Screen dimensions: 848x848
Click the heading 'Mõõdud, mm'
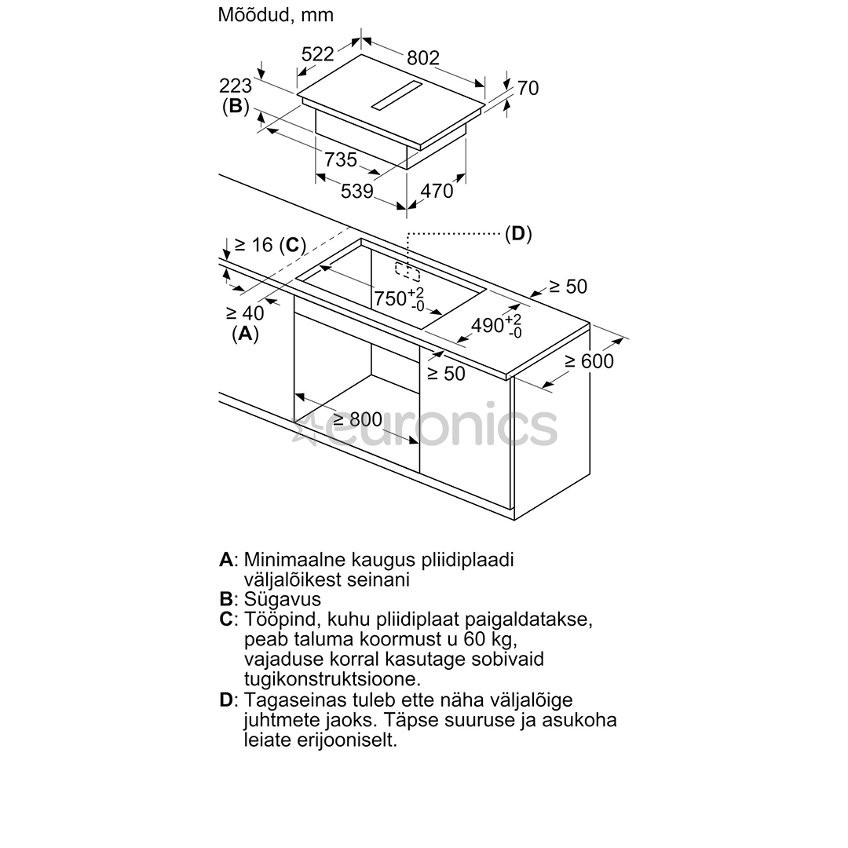click(x=276, y=14)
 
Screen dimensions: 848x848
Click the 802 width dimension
click(x=422, y=57)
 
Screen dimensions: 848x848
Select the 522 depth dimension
click(x=318, y=53)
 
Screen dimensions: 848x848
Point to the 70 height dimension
click(x=528, y=88)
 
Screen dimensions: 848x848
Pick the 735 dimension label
click(x=341, y=159)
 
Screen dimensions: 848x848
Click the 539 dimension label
click(x=356, y=191)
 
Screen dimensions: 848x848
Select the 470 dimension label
click(x=437, y=191)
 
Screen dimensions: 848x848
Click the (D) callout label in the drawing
click(x=518, y=233)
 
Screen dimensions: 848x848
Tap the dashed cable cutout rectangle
click(x=408, y=271)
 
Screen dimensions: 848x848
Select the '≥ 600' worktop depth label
click(x=589, y=361)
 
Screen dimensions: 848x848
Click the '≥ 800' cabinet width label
click(x=357, y=420)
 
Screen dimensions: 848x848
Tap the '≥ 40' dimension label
click(x=245, y=313)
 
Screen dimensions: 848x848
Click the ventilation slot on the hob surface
click(x=397, y=94)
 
